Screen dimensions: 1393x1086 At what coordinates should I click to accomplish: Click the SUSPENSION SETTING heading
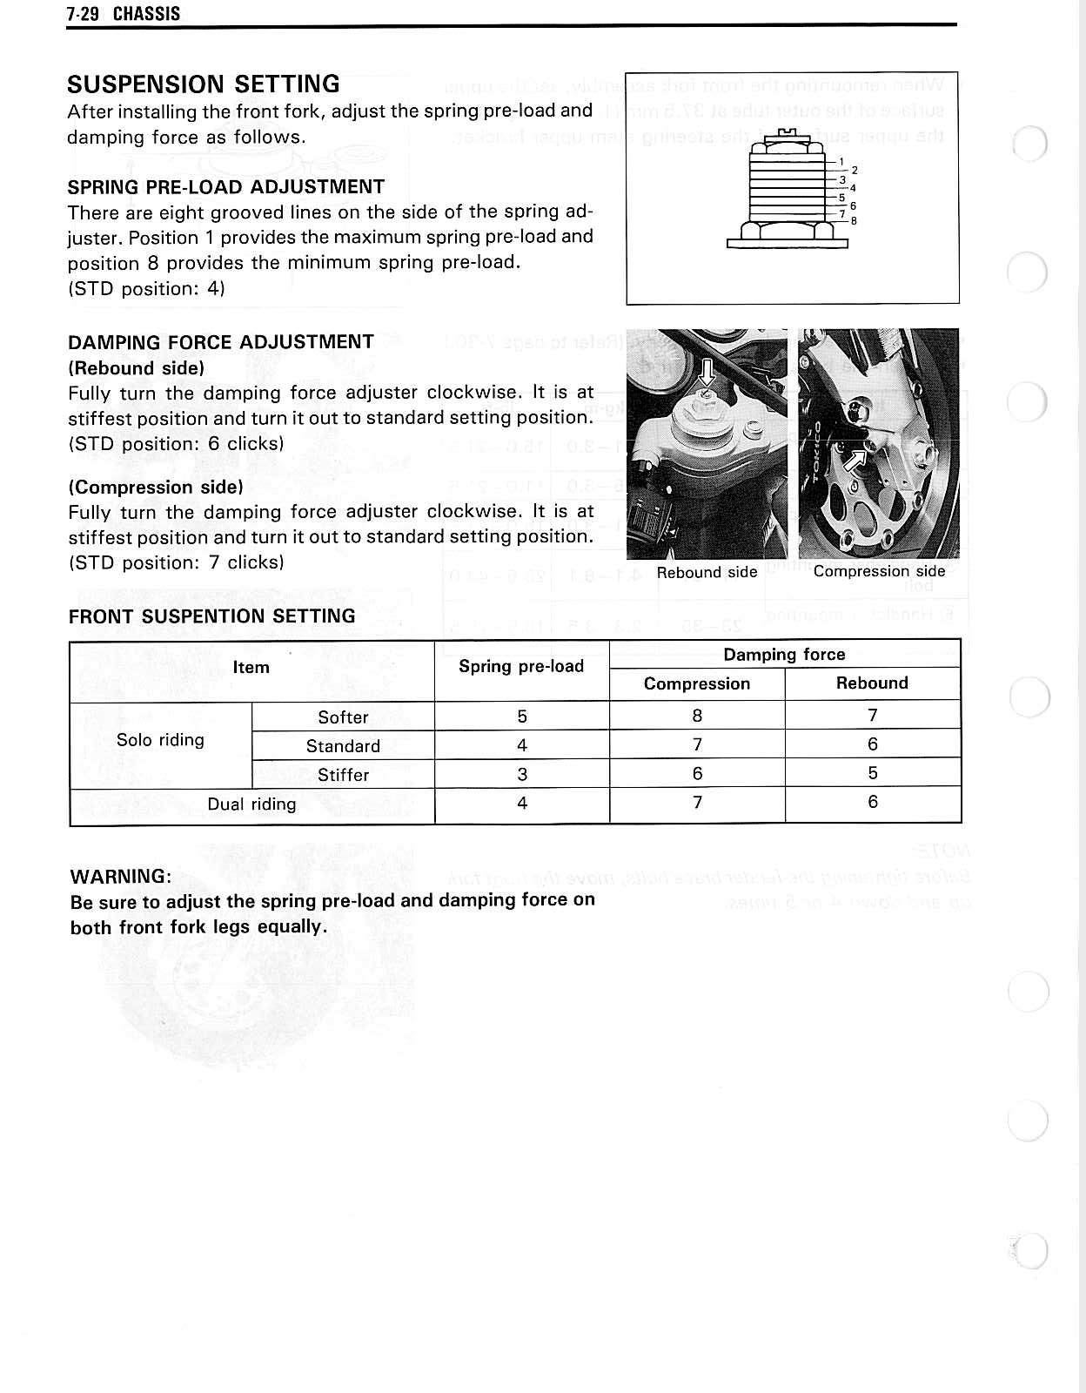(204, 84)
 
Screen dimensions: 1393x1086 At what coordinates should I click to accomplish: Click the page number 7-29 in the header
(83, 14)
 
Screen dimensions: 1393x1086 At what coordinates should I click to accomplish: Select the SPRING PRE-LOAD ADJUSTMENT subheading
(226, 187)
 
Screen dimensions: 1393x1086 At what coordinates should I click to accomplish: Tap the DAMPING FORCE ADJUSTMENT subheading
(221, 342)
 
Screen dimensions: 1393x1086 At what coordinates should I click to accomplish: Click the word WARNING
(121, 877)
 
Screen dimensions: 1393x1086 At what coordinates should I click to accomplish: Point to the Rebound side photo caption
(707, 572)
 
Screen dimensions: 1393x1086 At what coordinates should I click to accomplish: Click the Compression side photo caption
(879, 571)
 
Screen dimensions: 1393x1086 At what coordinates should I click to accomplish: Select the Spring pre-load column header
(521, 667)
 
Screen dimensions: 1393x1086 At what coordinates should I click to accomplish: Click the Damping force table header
(784, 655)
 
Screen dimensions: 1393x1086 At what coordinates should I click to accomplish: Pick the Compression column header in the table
(697, 684)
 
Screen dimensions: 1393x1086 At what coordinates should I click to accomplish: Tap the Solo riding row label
(160, 740)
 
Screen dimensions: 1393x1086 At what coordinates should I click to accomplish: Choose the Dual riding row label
(251, 804)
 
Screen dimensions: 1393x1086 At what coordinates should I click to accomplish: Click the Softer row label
(343, 717)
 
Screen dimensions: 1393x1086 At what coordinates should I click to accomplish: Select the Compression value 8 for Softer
(697, 716)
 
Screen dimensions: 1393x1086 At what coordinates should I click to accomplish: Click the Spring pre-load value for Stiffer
(522, 774)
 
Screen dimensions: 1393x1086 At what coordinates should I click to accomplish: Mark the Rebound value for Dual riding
(873, 802)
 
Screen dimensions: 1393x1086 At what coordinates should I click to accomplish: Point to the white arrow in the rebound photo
(707, 373)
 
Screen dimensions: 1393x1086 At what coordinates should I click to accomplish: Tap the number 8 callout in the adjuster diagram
(854, 221)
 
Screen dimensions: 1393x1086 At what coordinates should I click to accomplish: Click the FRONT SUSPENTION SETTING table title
(212, 616)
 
